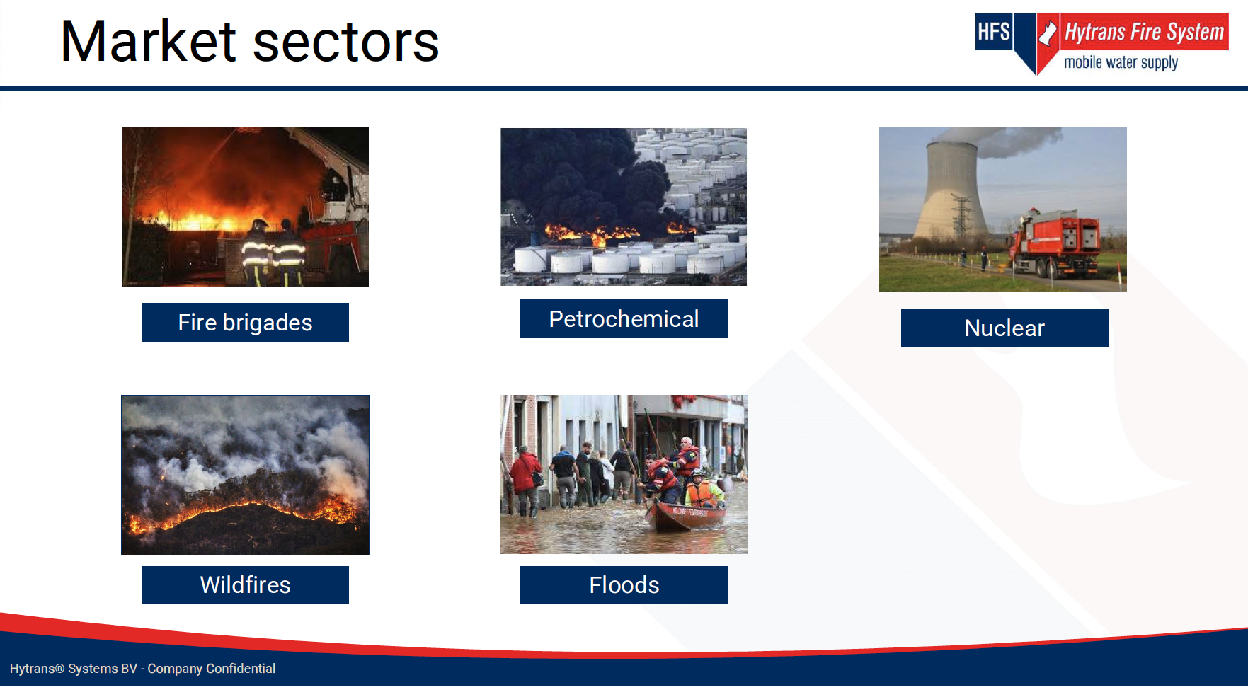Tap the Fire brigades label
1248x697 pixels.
tap(245, 322)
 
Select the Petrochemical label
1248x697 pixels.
tap(624, 318)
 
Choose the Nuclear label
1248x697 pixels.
tap(1004, 328)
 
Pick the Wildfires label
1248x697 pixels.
tap(245, 584)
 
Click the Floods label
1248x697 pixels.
tap(624, 584)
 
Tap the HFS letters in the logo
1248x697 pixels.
tap(993, 32)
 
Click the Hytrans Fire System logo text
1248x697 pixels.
tap(1144, 32)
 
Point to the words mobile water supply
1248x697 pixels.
tap(1121, 62)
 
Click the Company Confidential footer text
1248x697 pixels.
tap(212, 669)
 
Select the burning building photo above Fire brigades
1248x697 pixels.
tap(245, 207)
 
